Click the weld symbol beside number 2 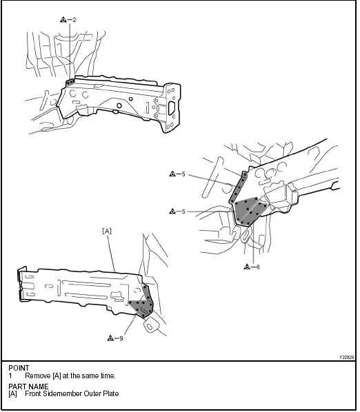[x=63, y=19]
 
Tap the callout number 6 [x=258, y=267]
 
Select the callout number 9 [x=121, y=338]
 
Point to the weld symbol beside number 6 [x=247, y=267]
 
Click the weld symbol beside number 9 [x=111, y=338]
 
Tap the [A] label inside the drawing [x=107, y=231]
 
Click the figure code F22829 [x=347, y=358]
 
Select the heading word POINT [x=19, y=368]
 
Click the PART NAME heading [x=28, y=387]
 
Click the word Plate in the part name [x=111, y=393]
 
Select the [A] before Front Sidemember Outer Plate [x=12, y=393]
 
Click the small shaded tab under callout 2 [x=70, y=83]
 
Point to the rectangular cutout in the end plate [x=172, y=107]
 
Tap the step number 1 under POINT [x=10, y=375]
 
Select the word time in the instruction [x=108, y=375]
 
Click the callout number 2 [x=74, y=20]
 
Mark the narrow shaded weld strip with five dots [x=238, y=187]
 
